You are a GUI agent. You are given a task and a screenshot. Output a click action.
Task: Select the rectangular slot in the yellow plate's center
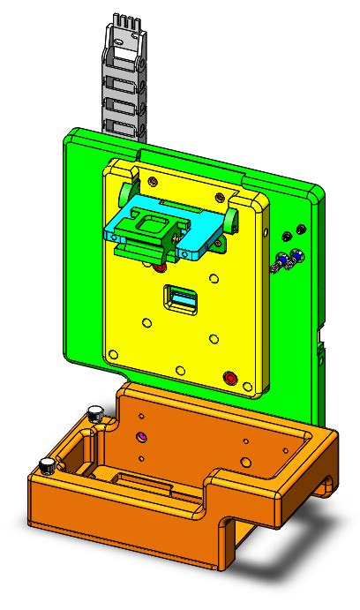(x=180, y=301)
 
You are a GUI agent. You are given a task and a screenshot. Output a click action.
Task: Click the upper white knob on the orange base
(x=94, y=411)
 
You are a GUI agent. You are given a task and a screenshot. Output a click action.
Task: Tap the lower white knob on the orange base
(x=45, y=464)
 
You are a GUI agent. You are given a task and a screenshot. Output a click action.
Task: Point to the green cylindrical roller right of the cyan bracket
(x=231, y=217)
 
